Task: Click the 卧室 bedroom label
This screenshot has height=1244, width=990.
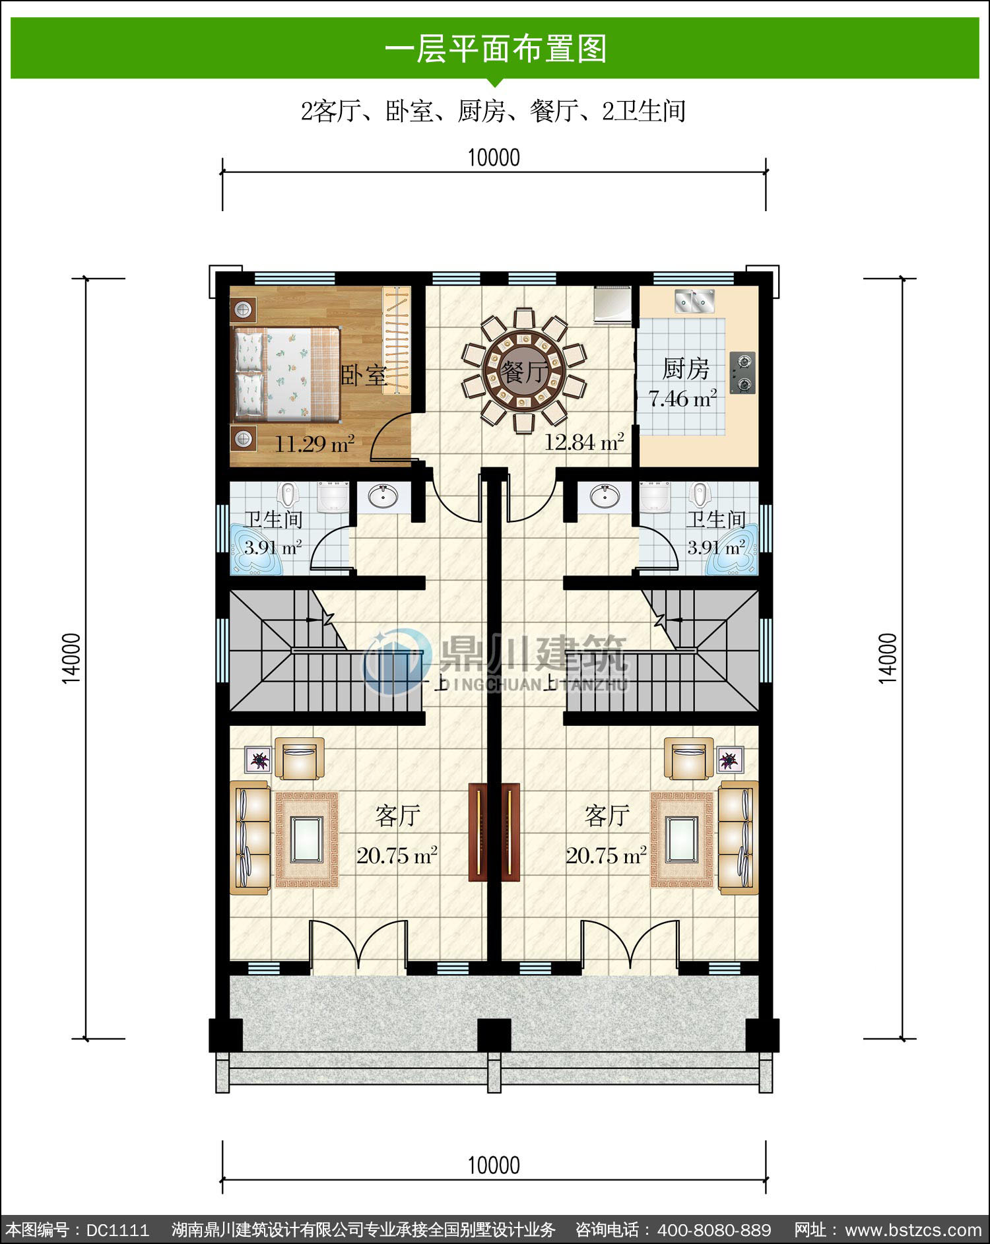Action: click(x=363, y=375)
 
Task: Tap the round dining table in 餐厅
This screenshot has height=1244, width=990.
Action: click(x=524, y=371)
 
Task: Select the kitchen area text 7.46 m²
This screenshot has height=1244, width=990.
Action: click(x=682, y=399)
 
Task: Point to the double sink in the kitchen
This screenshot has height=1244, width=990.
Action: click(x=695, y=300)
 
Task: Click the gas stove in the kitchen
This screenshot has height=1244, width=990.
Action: click(x=743, y=373)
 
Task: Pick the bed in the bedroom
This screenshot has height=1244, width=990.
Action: click(x=286, y=374)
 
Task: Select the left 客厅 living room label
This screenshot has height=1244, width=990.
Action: click(x=397, y=816)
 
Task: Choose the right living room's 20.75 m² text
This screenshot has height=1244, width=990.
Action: click(x=606, y=856)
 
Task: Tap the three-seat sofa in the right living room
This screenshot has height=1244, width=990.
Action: click(x=739, y=837)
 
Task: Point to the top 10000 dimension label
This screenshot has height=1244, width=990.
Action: click(x=494, y=158)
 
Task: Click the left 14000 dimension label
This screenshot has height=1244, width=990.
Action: click(x=71, y=658)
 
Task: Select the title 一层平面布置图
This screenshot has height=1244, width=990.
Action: click(x=495, y=49)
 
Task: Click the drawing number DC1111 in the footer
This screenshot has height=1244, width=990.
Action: click(x=117, y=1230)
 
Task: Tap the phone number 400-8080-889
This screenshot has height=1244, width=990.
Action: click(x=714, y=1230)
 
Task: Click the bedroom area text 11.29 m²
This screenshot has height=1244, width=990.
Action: click(x=314, y=443)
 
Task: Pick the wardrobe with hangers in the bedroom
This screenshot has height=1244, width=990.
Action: click(x=397, y=341)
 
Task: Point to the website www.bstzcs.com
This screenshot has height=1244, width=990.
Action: click(x=913, y=1230)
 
